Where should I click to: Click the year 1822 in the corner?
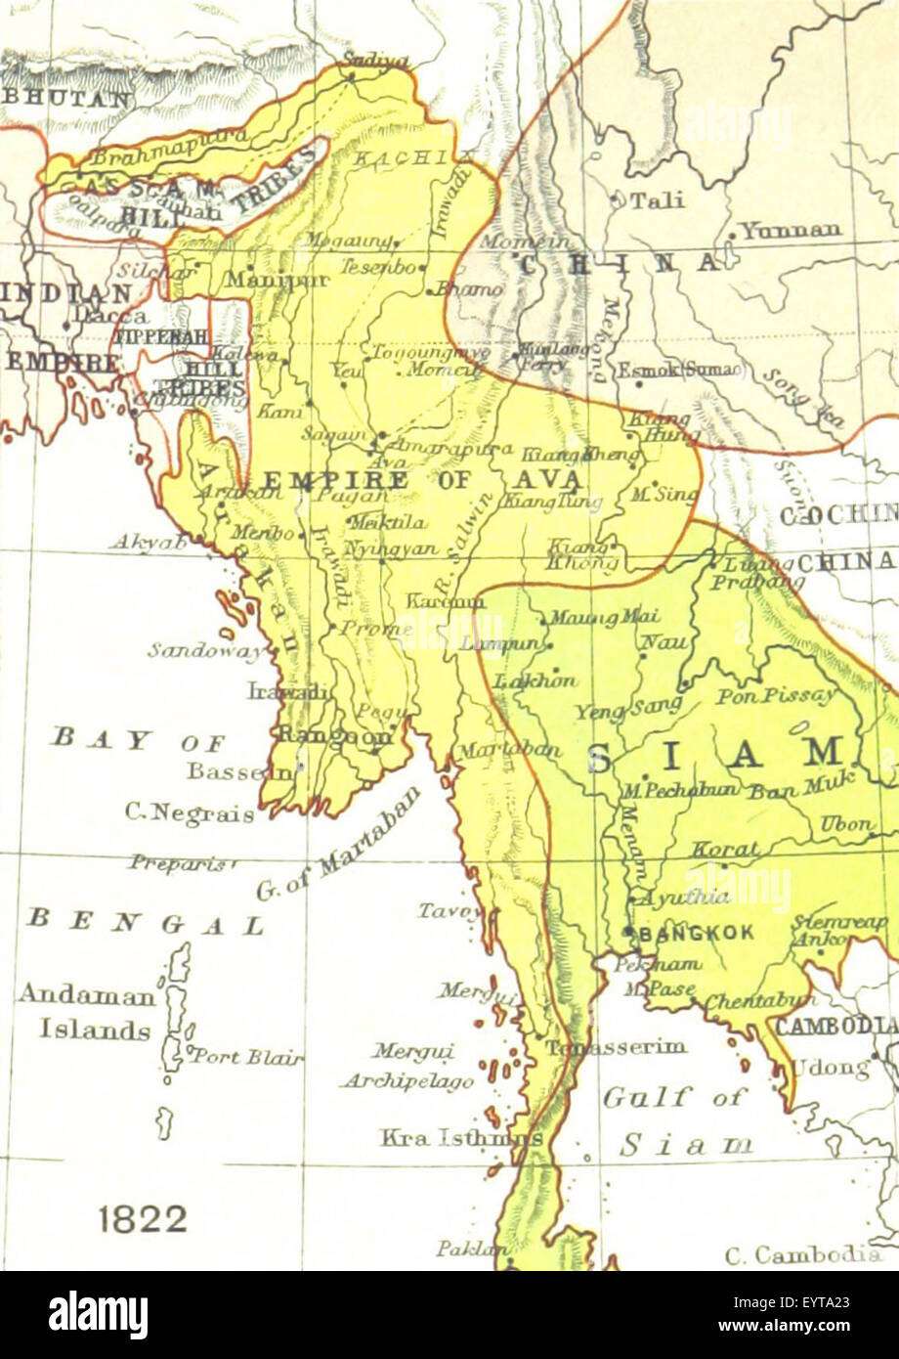click(x=142, y=1218)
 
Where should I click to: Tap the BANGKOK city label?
click(x=697, y=933)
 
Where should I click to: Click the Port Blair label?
click(x=245, y=1057)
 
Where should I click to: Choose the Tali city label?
click(x=656, y=200)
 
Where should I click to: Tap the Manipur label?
click(x=264, y=279)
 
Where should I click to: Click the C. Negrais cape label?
click(x=190, y=811)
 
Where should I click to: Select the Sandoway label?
click(x=206, y=649)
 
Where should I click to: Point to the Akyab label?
click(x=148, y=542)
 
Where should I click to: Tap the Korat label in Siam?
click(x=724, y=850)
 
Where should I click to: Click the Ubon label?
click(x=846, y=824)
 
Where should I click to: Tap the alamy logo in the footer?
click(x=99, y=1315)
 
